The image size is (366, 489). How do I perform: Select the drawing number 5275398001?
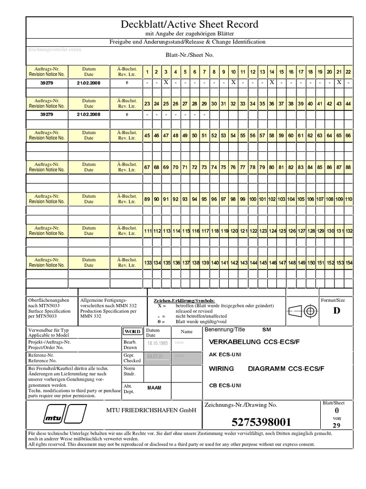pos(261,422)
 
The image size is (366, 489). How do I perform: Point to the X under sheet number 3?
pos(166,83)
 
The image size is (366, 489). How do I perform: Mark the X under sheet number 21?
pos(338,83)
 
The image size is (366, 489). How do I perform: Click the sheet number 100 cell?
pos(252,199)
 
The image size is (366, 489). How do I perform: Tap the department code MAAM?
pos(154,388)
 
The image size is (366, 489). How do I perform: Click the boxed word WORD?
pos(132,331)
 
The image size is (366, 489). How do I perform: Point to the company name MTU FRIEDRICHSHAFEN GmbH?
pos(151,410)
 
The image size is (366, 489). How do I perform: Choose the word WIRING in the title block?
pos(222,369)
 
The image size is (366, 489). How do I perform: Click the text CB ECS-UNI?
pos(225,385)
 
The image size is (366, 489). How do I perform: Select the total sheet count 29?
pos(337,425)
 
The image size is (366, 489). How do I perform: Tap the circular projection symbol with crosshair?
pos(312,311)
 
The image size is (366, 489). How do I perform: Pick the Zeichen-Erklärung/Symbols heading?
pos(184,300)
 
